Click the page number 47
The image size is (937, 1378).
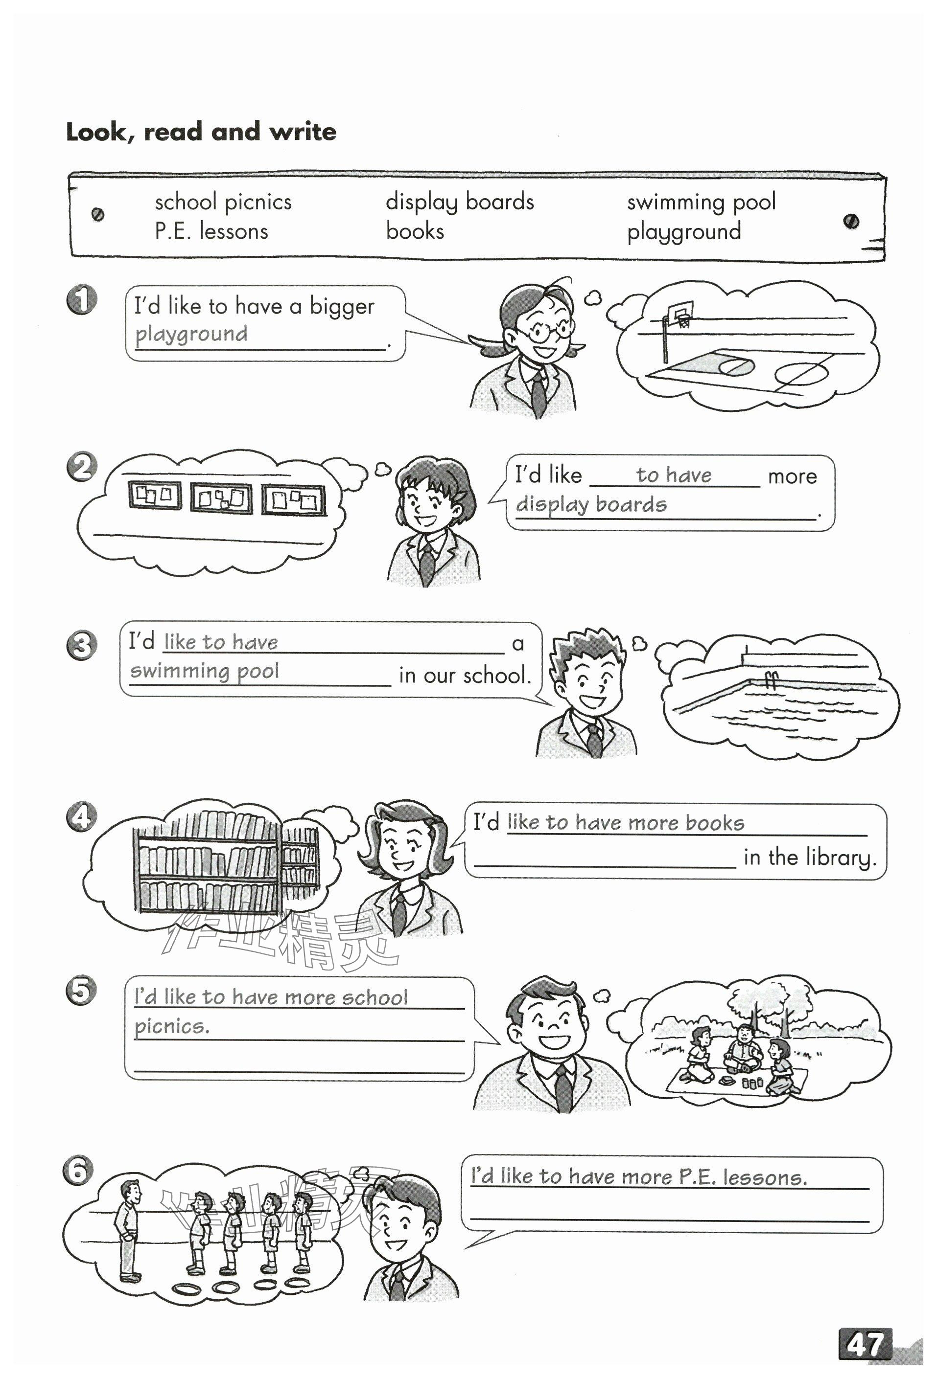865,1344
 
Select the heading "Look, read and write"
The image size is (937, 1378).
201,132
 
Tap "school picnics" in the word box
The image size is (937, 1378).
223,202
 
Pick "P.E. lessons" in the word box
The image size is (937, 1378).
211,231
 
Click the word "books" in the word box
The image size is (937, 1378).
415,231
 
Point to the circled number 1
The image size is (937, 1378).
81,299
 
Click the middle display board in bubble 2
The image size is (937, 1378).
221,498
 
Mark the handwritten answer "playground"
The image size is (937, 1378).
191,335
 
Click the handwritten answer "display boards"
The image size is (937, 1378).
591,505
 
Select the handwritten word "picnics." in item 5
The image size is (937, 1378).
172,1026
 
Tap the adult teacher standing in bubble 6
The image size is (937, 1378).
129,1230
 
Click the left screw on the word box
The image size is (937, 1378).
98,215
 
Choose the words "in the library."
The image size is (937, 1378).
809,858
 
